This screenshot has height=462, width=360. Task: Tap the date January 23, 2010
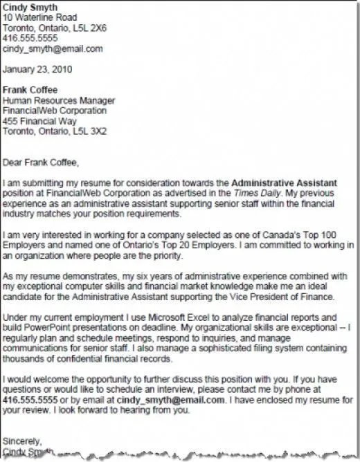(39, 70)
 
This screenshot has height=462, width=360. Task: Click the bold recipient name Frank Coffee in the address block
(30, 91)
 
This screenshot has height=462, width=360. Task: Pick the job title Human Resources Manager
(59, 101)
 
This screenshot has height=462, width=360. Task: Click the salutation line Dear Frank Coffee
(41, 163)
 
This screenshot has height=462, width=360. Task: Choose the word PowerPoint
(48, 329)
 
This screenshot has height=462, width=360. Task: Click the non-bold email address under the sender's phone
(53, 49)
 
